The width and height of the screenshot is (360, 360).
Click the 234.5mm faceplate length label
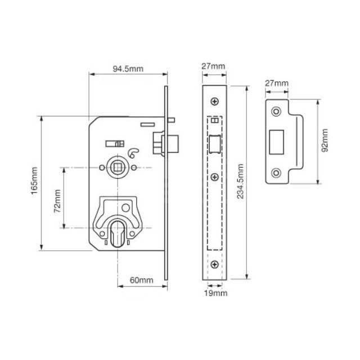[x=241, y=182]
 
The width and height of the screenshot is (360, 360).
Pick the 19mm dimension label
[x=214, y=294]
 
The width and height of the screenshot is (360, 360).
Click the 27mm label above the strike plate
[x=276, y=83]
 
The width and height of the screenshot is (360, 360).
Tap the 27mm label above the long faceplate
[x=214, y=66]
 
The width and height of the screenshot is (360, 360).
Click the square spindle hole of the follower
[x=118, y=168]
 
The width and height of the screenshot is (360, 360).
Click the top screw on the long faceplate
[x=215, y=101]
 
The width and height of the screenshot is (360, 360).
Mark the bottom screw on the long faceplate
[x=215, y=264]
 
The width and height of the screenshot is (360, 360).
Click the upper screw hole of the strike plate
[x=276, y=111]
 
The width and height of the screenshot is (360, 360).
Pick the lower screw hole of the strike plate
[x=276, y=172]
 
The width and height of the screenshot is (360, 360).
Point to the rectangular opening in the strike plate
[x=277, y=141]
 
